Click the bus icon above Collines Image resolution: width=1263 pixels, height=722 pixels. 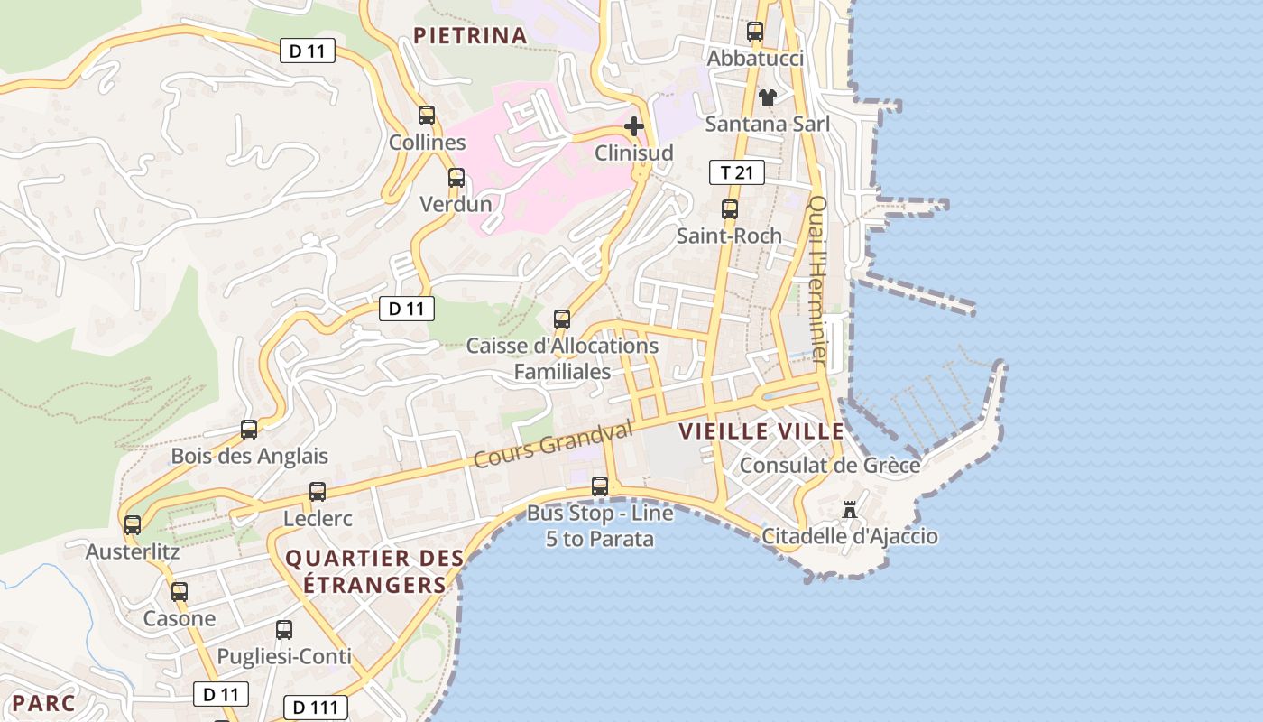[427, 116]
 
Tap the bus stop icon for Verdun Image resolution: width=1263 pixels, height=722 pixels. [456, 178]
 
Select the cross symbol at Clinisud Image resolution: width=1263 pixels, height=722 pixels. [634, 126]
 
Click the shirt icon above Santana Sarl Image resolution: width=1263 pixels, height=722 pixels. [767, 97]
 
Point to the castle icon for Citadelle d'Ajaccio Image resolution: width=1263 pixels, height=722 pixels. [849, 510]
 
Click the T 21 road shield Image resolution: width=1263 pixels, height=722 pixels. [737, 172]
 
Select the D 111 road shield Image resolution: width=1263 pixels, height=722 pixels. [315, 707]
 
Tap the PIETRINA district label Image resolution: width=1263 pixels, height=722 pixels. [469, 36]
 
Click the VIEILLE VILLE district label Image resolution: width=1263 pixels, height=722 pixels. [761, 431]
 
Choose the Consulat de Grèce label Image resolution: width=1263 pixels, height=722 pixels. [830, 466]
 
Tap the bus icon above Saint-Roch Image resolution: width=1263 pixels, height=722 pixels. [730, 209]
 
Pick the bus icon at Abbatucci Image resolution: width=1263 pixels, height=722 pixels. [755, 32]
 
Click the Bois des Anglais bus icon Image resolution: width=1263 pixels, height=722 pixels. [249, 430]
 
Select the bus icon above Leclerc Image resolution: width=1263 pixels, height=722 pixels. [318, 492]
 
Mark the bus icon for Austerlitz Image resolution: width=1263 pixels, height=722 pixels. [133, 524]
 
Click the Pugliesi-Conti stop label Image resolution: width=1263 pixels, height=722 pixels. [284, 657]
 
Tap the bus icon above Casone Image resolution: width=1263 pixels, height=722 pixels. [180, 592]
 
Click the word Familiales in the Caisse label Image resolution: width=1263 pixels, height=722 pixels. [562, 371]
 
